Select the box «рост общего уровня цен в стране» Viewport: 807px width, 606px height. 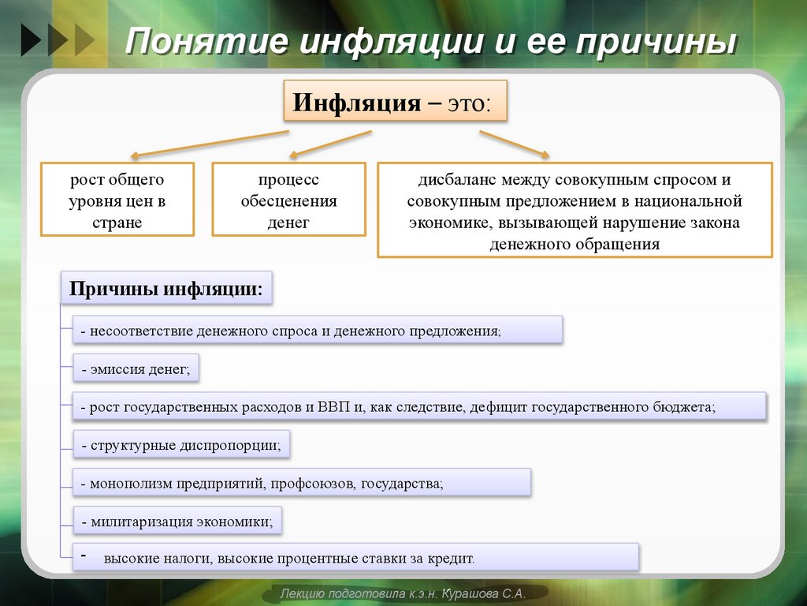[x=117, y=200]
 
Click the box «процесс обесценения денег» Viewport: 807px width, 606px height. [x=288, y=200]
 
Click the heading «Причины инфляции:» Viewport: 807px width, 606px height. [x=166, y=288]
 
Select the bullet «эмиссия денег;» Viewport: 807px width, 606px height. [x=136, y=368]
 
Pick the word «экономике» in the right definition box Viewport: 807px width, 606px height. [x=447, y=223]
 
